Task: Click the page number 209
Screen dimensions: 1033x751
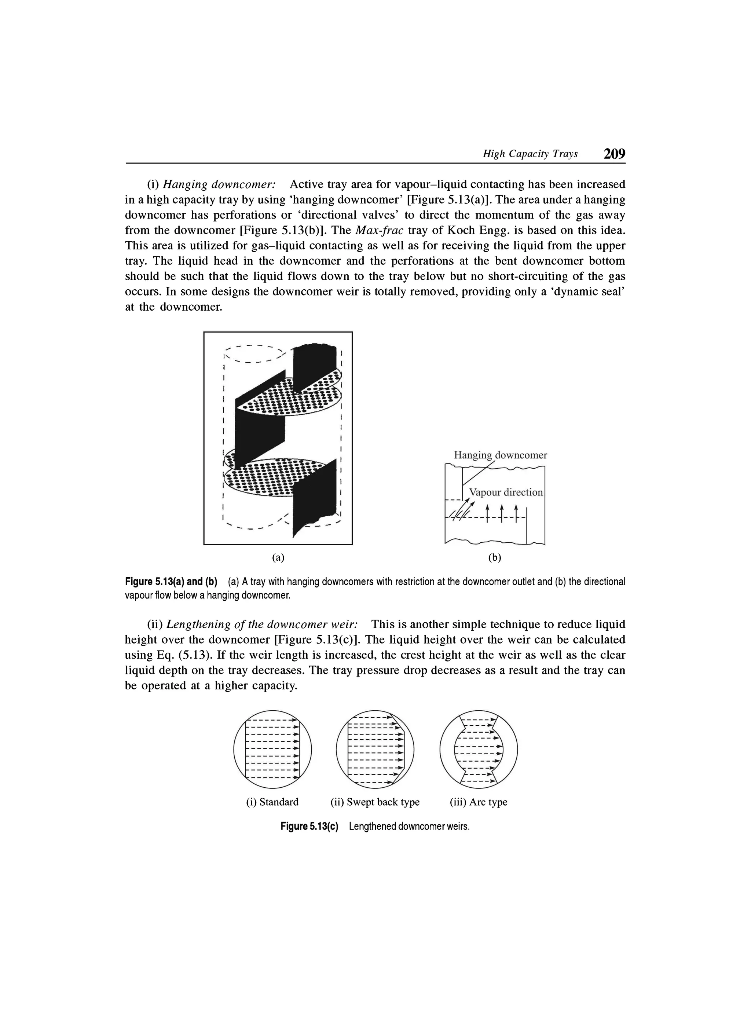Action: pyautogui.click(x=614, y=154)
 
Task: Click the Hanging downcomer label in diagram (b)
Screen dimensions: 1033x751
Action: pyautogui.click(x=501, y=455)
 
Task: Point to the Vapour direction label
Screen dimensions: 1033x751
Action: pyautogui.click(x=506, y=492)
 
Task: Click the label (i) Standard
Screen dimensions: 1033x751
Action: pyautogui.click(x=272, y=802)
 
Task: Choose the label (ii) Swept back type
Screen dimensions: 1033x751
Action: pyautogui.click(x=375, y=802)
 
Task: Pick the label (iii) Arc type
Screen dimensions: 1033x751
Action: pyautogui.click(x=478, y=802)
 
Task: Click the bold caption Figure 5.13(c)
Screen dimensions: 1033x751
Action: pyautogui.click(x=310, y=827)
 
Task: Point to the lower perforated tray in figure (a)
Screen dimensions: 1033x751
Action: pyautogui.click(x=273, y=478)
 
